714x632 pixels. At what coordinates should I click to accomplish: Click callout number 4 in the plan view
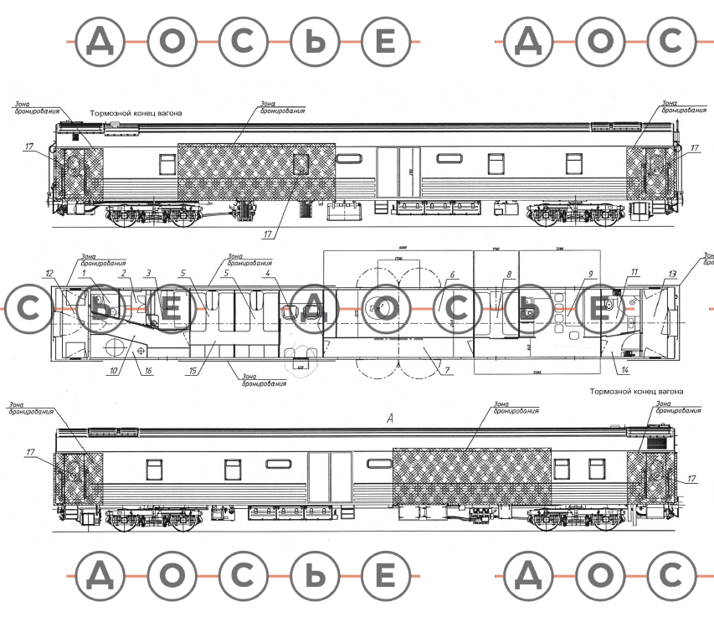click(267, 274)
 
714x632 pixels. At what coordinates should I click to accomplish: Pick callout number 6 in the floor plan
click(451, 274)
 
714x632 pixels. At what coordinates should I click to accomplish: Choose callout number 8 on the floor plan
click(508, 274)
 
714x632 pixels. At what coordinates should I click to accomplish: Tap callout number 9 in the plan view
click(590, 274)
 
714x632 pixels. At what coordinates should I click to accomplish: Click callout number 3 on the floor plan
click(149, 274)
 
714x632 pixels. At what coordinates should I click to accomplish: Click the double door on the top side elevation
click(398, 172)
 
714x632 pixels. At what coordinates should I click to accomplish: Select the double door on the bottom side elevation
click(330, 476)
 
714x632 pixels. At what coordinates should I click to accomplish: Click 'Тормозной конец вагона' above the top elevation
click(136, 112)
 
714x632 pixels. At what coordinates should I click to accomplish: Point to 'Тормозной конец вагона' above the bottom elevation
click(636, 392)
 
